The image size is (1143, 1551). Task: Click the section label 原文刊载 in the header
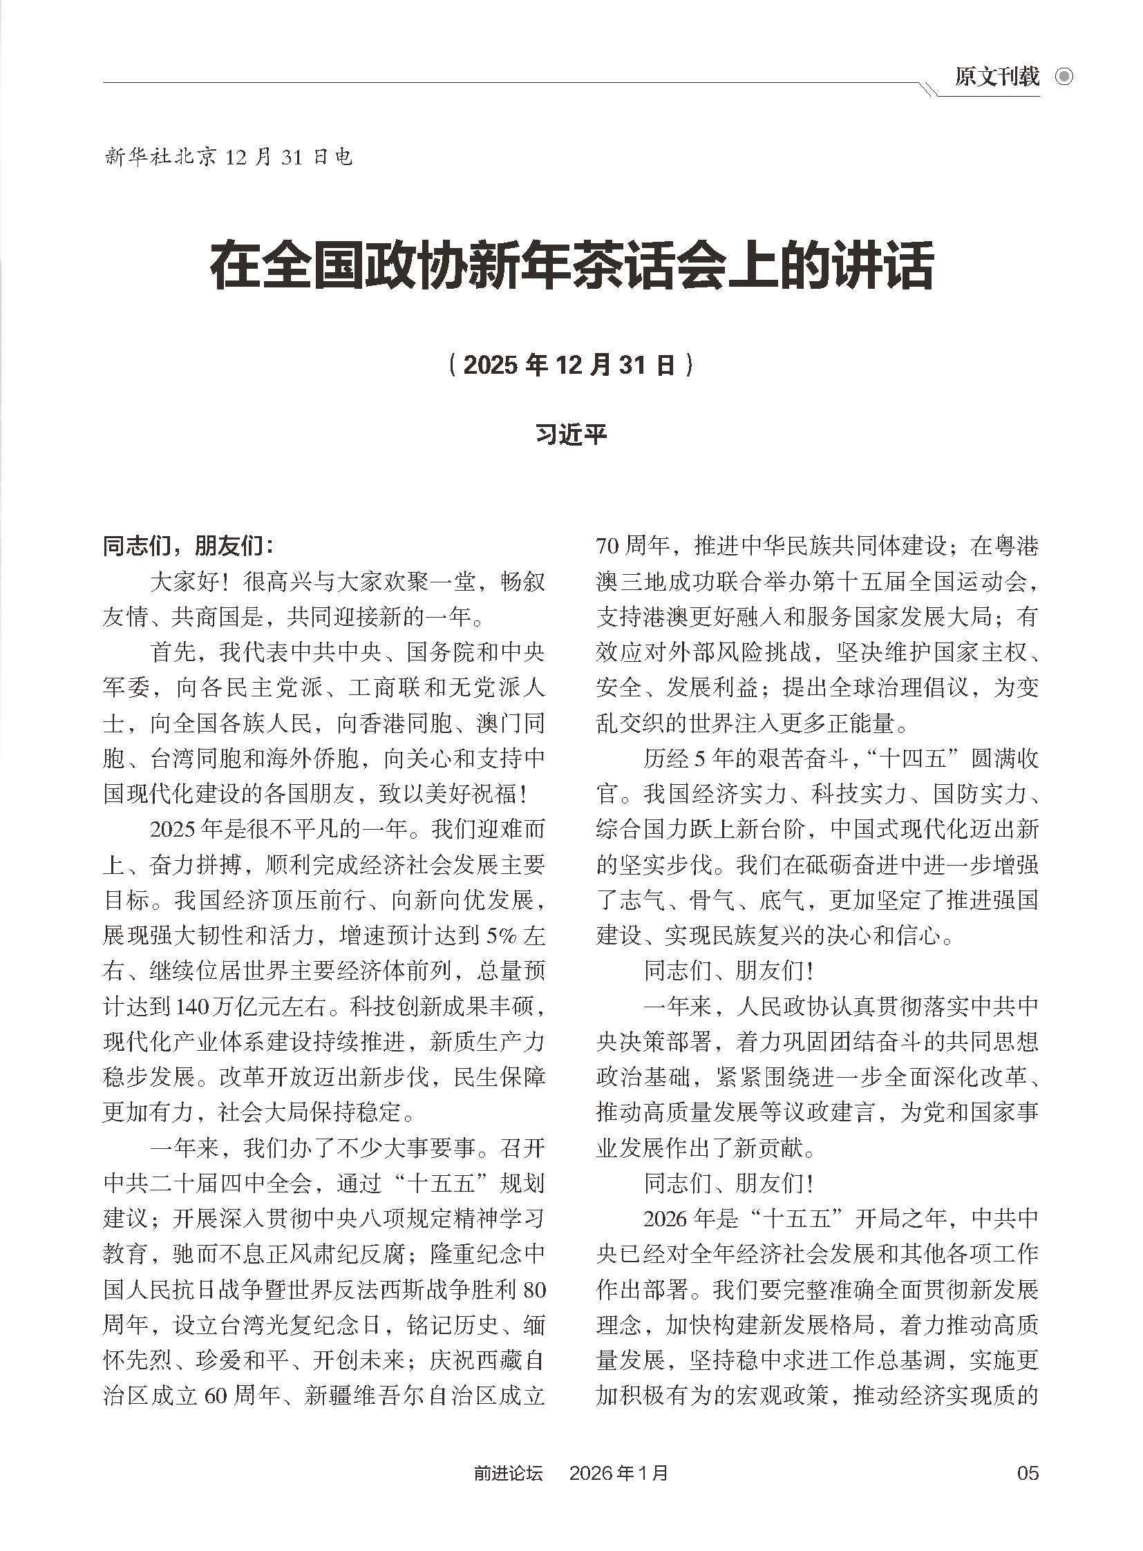pos(996,77)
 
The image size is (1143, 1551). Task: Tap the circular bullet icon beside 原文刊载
pos(1064,77)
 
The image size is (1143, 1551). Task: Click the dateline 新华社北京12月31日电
pos(228,158)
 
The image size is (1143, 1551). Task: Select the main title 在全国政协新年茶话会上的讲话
pos(571,267)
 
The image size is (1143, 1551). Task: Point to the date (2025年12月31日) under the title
pos(571,365)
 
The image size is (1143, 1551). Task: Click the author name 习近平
pos(571,435)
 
